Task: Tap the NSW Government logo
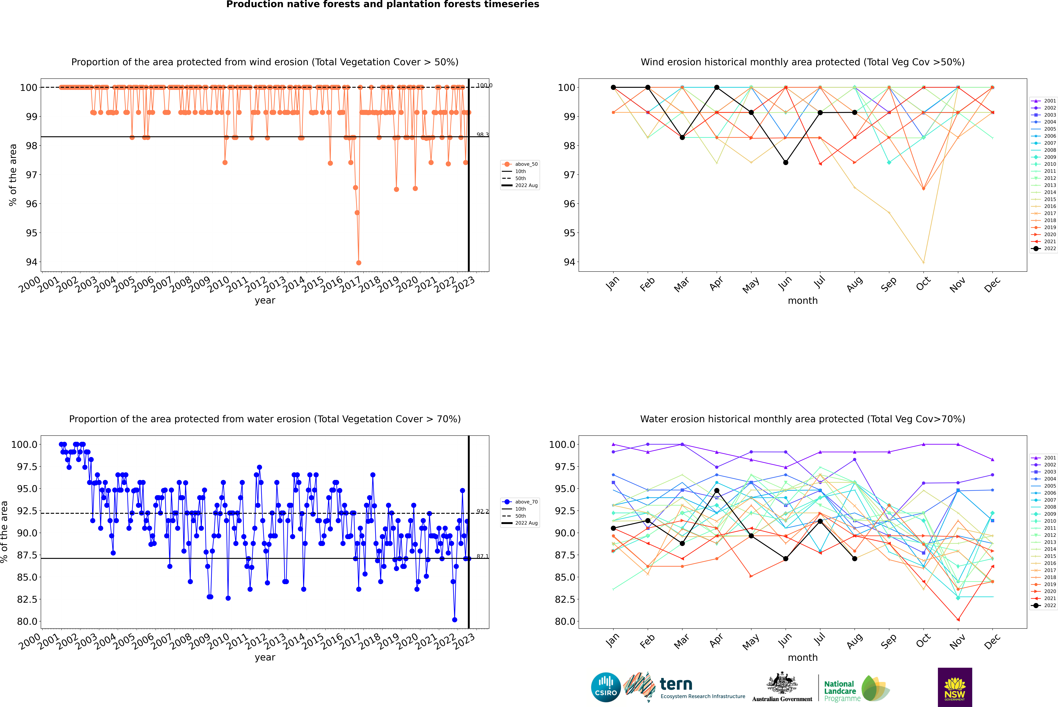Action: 955,687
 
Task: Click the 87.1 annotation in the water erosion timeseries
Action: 482,556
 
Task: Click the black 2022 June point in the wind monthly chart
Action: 786,162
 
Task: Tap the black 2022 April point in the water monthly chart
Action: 717,491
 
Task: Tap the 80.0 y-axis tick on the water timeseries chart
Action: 27,621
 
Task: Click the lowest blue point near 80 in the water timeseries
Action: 455,620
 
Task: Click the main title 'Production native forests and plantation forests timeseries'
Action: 382,4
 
